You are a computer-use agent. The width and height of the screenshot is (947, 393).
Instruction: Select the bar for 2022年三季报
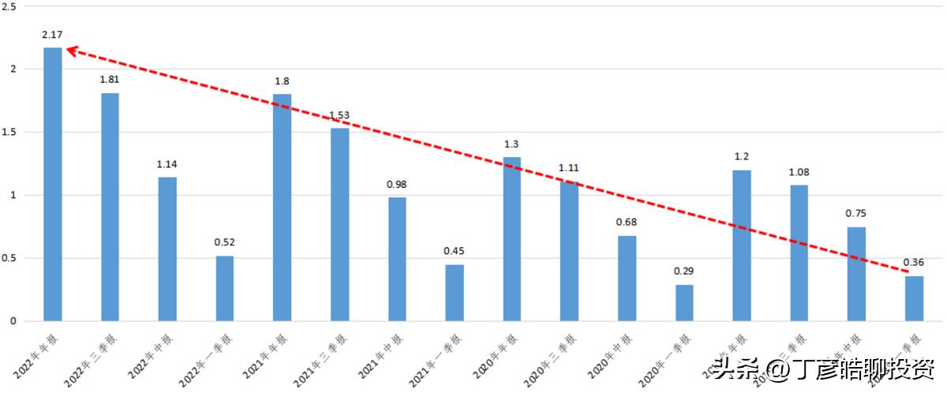(x=110, y=207)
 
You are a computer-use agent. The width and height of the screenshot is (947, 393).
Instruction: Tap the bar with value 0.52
(x=225, y=288)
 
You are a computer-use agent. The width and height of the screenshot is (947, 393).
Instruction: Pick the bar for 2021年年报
(x=282, y=208)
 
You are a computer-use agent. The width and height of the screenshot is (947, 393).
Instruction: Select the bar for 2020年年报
(x=512, y=239)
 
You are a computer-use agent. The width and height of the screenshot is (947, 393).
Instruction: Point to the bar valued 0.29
(x=684, y=303)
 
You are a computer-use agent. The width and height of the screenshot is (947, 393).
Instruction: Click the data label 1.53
(x=339, y=115)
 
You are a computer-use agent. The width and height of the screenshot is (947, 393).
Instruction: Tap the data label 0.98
(x=397, y=185)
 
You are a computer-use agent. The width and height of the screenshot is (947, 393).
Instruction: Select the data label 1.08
(x=799, y=172)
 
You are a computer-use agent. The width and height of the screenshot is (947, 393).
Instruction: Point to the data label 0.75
(x=857, y=213)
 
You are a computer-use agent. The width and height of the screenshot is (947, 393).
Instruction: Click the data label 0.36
(x=914, y=263)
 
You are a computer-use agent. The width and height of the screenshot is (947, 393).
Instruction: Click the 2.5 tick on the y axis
(x=10, y=6)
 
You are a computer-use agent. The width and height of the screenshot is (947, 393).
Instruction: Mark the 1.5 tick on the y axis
(x=10, y=132)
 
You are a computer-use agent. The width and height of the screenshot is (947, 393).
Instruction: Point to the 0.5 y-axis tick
(x=10, y=258)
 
